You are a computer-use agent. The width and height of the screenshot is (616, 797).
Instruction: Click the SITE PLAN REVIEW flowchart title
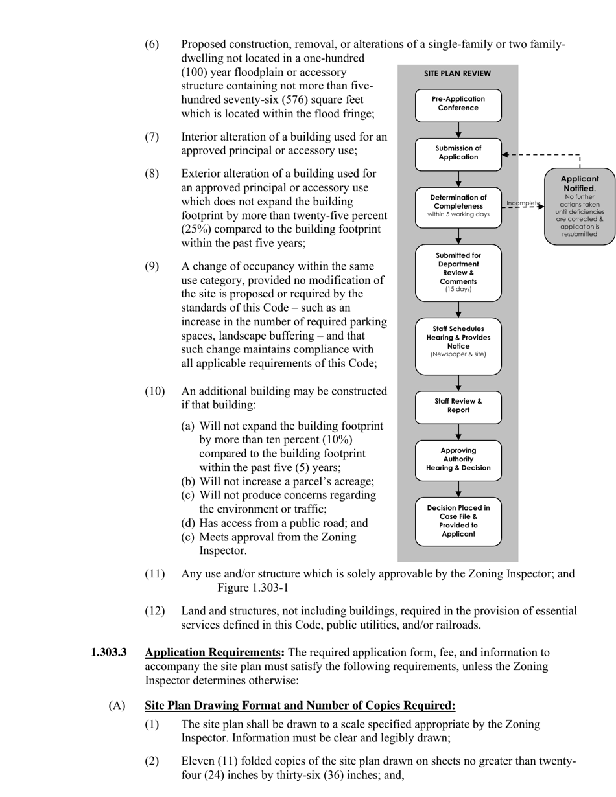tap(457, 74)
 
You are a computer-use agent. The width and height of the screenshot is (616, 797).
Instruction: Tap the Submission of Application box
tap(458, 154)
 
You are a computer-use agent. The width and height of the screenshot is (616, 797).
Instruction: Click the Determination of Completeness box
tap(458, 207)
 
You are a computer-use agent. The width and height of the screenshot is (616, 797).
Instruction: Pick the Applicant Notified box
tap(579, 206)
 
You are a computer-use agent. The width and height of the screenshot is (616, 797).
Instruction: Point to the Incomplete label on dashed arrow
tap(523, 203)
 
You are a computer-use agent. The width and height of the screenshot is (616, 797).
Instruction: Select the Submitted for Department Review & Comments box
tap(458, 272)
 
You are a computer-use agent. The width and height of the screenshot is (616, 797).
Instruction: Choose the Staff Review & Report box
tap(458, 406)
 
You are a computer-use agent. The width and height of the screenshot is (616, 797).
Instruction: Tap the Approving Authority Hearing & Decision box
tap(458, 459)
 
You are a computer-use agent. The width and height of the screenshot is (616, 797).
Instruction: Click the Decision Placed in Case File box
tap(458, 521)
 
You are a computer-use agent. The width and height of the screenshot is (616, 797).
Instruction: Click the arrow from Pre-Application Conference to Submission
tap(458, 130)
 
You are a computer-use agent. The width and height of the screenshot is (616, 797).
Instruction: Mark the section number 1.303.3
tap(108, 653)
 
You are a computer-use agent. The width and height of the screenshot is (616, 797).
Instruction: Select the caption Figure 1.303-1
tap(252, 588)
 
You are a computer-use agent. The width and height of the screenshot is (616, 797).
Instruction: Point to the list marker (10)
tap(154, 391)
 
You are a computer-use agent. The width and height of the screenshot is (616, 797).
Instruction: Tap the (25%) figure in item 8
tap(196, 229)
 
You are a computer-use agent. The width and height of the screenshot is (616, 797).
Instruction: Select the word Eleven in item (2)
tap(198, 761)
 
